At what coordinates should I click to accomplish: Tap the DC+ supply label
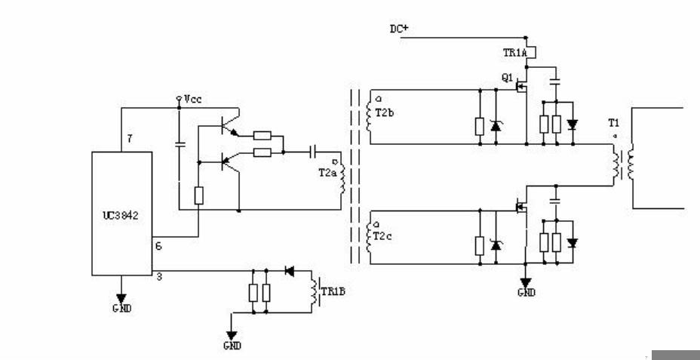[x=399, y=29]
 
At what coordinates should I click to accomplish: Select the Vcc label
[x=193, y=99]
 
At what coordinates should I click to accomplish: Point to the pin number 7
[x=130, y=139]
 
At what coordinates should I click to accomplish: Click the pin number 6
[x=158, y=245]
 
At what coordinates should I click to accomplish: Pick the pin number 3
[x=159, y=277]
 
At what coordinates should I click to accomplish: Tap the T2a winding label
[x=327, y=173]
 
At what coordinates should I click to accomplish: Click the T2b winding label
[x=384, y=112]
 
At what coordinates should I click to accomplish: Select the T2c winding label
[x=382, y=236]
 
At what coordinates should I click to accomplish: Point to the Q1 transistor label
[x=507, y=78]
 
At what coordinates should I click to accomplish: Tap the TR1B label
[x=333, y=291]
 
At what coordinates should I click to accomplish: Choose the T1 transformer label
[x=614, y=122]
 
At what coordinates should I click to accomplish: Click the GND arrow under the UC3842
[x=121, y=298]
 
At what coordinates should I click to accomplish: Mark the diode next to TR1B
[x=290, y=271]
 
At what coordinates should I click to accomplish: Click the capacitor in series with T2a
[x=313, y=152]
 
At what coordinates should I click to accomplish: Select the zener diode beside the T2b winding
[x=496, y=126]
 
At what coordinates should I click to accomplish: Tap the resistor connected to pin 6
[x=198, y=195]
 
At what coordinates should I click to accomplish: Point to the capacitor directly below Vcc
[x=180, y=145]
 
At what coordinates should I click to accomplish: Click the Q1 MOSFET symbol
[x=521, y=86]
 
